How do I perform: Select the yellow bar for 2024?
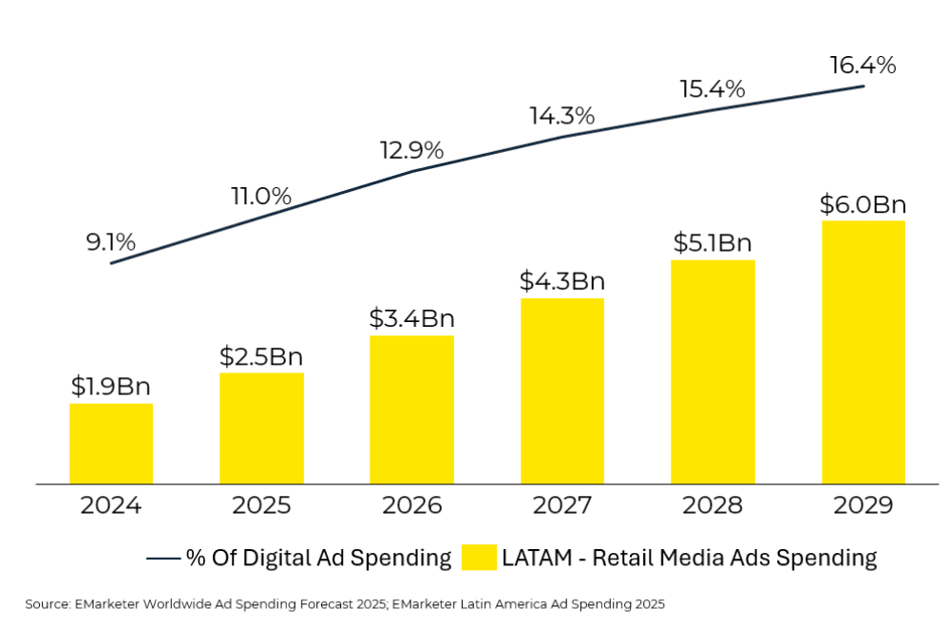tap(111, 444)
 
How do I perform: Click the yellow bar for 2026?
tap(411, 409)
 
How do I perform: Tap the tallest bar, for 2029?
tap(863, 352)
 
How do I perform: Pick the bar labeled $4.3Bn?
tap(561, 391)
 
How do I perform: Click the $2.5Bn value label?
tap(261, 356)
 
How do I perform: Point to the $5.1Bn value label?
tap(712, 243)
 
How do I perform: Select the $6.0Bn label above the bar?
tap(863, 204)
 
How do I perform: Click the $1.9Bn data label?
tap(111, 387)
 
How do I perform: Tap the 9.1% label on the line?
tap(111, 242)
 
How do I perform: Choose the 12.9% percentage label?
tap(411, 150)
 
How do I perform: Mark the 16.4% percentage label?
tap(863, 66)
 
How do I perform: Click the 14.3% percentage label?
tap(561, 116)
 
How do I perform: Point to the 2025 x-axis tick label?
tap(261, 504)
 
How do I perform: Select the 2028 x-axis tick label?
tap(712, 504)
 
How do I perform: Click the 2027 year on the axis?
tap(561, 504)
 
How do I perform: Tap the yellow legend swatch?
tap(480, 558)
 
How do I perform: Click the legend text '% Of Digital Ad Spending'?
tap(318, 558)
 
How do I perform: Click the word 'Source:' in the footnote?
tap(48, 603)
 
